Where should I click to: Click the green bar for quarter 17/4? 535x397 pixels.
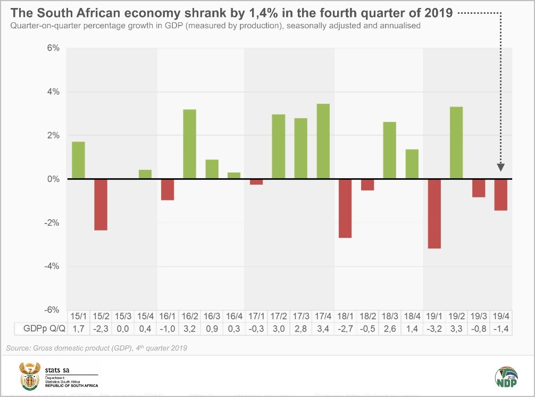(323, 142)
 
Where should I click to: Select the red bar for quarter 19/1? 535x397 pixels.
(434, 213)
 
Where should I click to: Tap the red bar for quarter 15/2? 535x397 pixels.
(101, 204)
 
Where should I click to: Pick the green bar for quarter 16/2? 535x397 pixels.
(190, 144)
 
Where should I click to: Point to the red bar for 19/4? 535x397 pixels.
(500, 195)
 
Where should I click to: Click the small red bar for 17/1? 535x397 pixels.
(256, 182)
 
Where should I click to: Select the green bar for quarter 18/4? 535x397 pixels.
(412, 164)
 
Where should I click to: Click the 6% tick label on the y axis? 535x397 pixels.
(52, 48)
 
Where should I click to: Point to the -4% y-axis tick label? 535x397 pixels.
(51, 266)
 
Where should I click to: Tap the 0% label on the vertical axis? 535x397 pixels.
(52, 179)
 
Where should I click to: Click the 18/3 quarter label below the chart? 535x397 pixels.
(389, 316)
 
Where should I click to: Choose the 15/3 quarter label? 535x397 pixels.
(123, 316)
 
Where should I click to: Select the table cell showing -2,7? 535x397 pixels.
(345, 329)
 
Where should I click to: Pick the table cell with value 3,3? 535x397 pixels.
(456, 329)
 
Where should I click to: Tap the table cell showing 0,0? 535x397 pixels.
(123, 329)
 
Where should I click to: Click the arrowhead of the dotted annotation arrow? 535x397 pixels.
(500, 168)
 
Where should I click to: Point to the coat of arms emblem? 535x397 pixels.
(29, 376)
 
